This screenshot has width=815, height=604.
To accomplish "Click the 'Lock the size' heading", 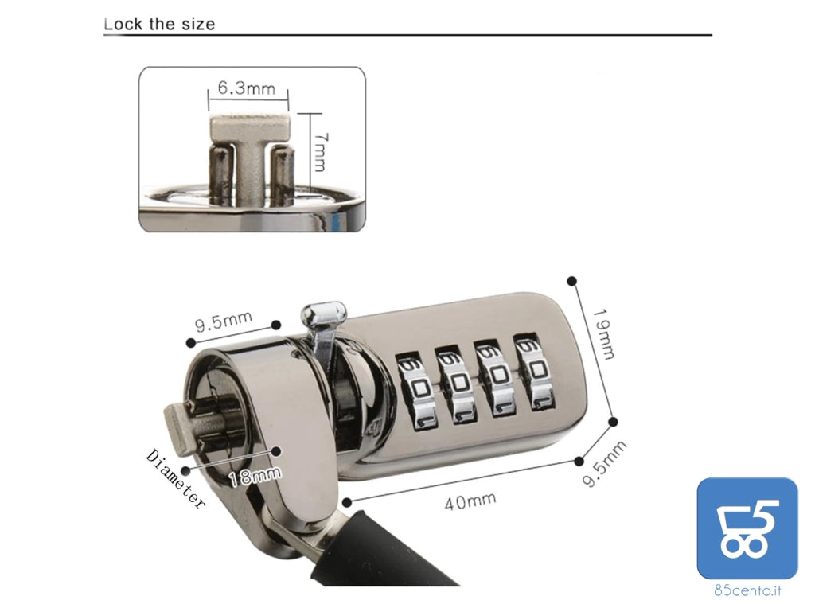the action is [159, 24].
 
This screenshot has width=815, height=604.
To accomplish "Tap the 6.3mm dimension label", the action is [247, 88].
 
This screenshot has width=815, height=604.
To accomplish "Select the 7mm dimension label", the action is [321, 152].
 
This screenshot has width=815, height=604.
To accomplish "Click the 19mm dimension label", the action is [604, 333].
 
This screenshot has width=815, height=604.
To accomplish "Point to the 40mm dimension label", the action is [470, 501].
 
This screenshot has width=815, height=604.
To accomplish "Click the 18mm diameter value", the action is [255, 475].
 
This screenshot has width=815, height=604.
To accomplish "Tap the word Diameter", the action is [176, 478].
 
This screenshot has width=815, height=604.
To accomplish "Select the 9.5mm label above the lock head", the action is [224, 321].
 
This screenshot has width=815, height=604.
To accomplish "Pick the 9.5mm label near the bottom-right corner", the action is [604, 464].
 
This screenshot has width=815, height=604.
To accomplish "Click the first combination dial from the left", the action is [415, 391].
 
